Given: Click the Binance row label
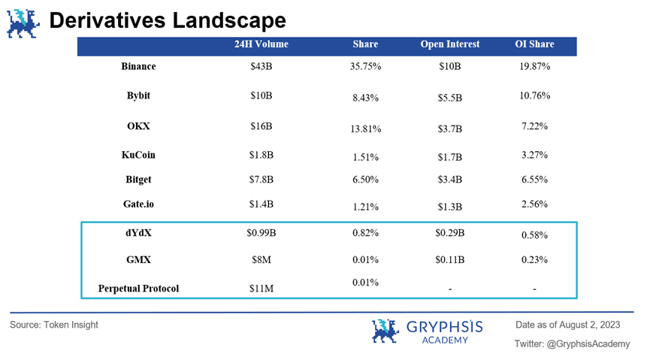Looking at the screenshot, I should tap(138, 67).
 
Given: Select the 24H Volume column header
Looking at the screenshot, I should tap(261, 44).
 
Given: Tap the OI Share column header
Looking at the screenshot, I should tap(534, 44).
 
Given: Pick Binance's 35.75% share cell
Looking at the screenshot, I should tap(366, 67).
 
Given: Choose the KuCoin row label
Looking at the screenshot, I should tap(138, 156).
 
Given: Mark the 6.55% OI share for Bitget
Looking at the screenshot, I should tap(535, 180).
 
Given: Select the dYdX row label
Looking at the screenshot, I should tap(138, 234).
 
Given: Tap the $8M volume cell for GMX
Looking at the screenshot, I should tap(261, 260).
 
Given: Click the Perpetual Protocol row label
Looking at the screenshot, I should tap(138, 288).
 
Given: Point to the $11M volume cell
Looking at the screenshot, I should tap(261, 288).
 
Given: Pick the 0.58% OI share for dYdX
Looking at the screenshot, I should tap(535, 236).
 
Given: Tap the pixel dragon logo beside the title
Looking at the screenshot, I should tap(24, 22).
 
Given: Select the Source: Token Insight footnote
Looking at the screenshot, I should tap(54, 325).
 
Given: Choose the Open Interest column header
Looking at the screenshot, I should tap(450, 44).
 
